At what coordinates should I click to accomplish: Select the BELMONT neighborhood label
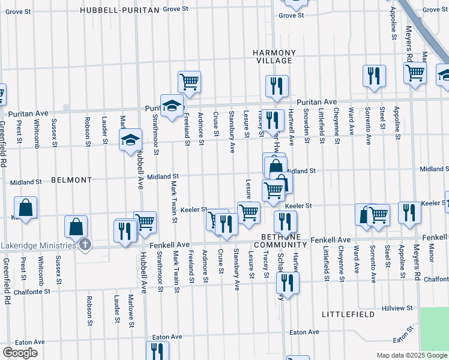click(x=71, y=180)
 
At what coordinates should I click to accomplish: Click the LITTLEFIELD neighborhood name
click(x=348, y=314)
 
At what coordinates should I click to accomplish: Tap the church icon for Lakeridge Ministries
click(x=85, y=244)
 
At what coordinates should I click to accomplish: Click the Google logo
click(x=20, y=353)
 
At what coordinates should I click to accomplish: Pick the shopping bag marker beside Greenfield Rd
click(x=26, y=208)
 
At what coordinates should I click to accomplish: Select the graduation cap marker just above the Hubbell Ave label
click(x=131, y=139)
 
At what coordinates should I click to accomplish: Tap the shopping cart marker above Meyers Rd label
click(x=414, y=72)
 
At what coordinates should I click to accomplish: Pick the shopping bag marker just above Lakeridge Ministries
click(x=76, y=226)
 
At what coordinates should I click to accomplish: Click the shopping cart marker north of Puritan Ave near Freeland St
click(x=189, y=81)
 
